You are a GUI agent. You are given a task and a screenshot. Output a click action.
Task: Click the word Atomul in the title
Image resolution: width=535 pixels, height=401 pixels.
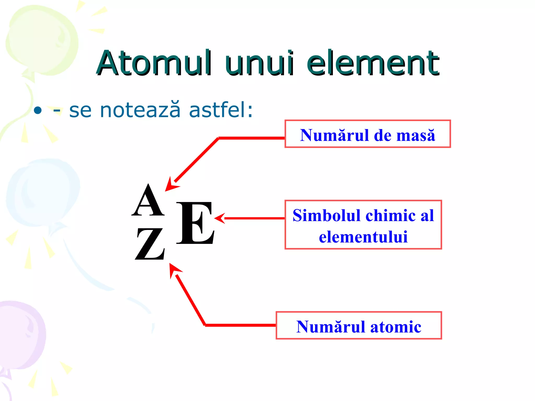[x=154, y=63]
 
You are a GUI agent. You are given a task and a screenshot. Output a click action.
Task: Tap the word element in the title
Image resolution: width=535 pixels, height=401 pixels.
[x=373, y=63]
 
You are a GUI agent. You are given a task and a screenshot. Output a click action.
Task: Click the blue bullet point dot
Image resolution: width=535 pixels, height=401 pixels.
[x=38, y=110]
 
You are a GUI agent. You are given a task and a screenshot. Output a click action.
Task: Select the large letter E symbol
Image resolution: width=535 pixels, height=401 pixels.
[x=195, y=223]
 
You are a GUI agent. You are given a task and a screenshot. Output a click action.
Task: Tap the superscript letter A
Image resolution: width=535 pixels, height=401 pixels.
[x=148, y=200]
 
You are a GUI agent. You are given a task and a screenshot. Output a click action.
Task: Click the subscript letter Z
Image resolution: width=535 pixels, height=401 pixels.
[x=150, y=244]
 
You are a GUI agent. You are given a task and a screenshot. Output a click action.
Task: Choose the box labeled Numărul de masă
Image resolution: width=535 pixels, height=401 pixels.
[x=368, y=134]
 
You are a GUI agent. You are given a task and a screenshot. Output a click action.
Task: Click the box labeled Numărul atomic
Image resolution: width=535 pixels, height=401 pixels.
[x=359, y=325]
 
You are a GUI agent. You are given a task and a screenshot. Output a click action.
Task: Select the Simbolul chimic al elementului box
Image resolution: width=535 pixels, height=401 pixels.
[x=363, y=225]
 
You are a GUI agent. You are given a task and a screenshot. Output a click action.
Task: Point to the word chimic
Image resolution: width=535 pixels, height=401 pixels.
[x=391, y=216]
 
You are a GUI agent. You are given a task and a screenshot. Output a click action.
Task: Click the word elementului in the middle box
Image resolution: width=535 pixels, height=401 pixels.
[x=363, y=237]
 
